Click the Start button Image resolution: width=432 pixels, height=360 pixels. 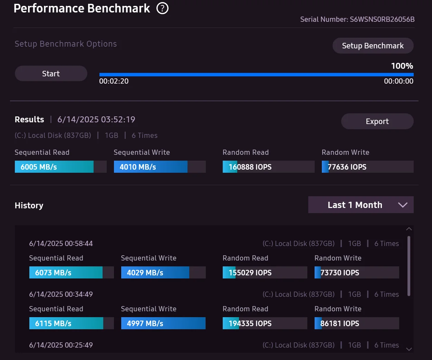point(51,74)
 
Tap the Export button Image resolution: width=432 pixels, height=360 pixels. point(377,121)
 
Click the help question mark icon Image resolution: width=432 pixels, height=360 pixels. point(162,8)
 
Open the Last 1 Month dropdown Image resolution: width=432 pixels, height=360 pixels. point(361,205)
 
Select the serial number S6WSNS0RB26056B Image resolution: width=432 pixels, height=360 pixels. point(382,19)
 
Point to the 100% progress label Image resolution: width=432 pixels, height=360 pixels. point(402,66)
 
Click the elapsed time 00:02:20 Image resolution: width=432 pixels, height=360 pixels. point(114,81)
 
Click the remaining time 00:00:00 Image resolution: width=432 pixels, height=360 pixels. point(399,81)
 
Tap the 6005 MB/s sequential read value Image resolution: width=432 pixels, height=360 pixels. point(39,167)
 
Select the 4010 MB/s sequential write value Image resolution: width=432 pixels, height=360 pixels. point(138,167)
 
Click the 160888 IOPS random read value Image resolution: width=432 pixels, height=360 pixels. point(250,167)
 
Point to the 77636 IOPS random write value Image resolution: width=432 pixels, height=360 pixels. point(347,167)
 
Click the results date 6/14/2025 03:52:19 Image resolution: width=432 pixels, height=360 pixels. point(96,120)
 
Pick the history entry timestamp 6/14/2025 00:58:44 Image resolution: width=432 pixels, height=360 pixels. point(61,244)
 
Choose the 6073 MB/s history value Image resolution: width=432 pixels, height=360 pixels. point(53,273)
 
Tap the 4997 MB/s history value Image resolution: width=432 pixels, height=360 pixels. point(145,323)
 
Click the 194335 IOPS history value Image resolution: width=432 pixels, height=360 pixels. point(250,323)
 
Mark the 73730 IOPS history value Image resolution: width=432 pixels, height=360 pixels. point(340,273)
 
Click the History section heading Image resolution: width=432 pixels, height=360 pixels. point(29,206)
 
